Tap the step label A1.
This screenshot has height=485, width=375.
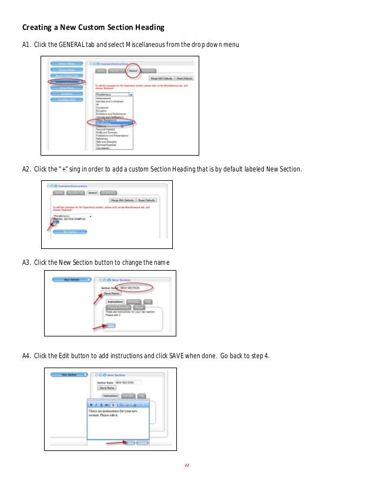(26, 45)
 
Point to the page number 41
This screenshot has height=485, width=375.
(187, 466)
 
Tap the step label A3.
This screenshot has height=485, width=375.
(26, 261)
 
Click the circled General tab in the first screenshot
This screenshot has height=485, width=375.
(133, 70)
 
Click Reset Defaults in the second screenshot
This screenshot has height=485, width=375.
(149, 200)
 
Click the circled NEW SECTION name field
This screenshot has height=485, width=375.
(134, 288)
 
